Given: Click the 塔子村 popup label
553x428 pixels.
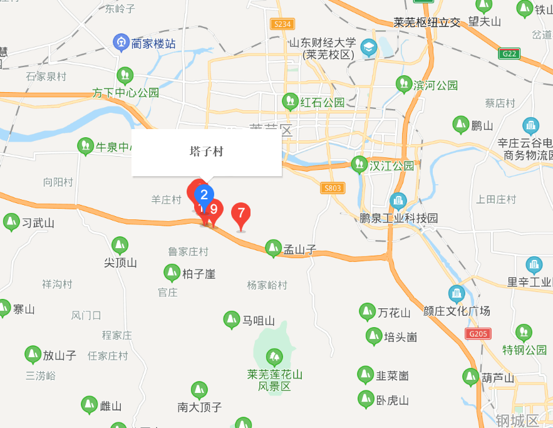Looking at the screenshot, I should (206, 152).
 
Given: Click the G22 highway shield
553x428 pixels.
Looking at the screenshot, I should (510, 54).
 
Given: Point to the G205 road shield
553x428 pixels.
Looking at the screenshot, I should (478, 334).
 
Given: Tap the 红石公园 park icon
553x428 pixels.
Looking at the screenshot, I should (290, 100).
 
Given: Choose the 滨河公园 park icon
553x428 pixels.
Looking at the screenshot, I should (404, 83).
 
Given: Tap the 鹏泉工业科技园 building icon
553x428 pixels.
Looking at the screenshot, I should (398, 201).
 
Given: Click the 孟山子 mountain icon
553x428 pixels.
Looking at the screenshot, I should (273, 248).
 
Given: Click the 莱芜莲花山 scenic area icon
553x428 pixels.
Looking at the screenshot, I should (274, 358).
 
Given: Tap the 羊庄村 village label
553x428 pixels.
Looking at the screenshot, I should (166, 199).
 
